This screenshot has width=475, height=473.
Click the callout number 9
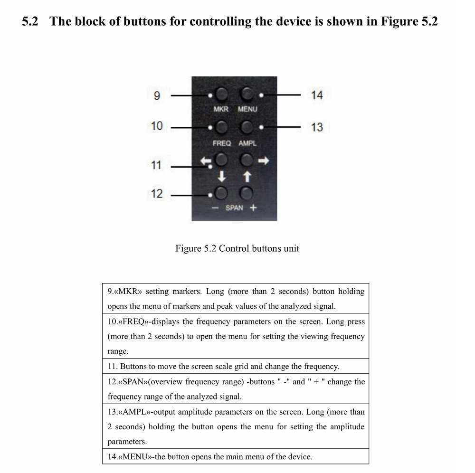pyautogui.click(x=157, y=95)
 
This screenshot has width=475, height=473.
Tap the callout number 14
pyautogui.click(x=317, y=95)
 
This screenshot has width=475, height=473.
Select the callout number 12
pyautogui.click(x=156, y=194)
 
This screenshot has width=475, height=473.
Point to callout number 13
pyautogui.click(x=317, y=127)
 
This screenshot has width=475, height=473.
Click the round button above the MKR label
pyautogui.click(x=221, y=95)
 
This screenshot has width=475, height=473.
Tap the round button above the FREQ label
pyautogui.click(x=221, y=127)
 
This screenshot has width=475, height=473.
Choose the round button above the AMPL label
pyautogui.click(x=247, y=127)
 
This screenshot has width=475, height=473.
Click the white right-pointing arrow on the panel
pyautogui.click(x=263, y=161)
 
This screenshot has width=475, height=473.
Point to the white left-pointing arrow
pyautogui.click(x=205, y=162)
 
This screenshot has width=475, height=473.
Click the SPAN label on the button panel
pyautogui.click(x=234, y=208)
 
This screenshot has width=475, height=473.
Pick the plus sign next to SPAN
pyautogui.click(x=253, y=208)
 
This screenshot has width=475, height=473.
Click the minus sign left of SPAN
pyautogui.click(x=215, y=208)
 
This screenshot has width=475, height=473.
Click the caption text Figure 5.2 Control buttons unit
pyautogui.click(x=237, y=248)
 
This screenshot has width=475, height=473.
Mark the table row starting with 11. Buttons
pyautogui.click(x=235, y=366)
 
